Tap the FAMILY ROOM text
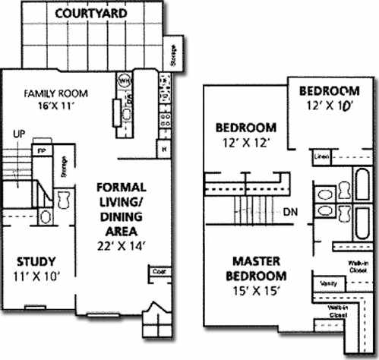55,93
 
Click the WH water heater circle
124,78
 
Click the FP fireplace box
40,150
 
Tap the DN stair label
289,212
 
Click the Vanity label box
329,283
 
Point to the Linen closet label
321,156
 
